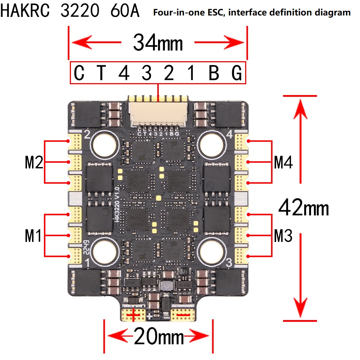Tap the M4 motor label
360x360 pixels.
coord(283,163)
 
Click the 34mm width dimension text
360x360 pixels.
coord(158,43)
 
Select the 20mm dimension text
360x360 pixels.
coord(158,337)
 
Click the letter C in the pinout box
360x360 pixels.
coord(79,73)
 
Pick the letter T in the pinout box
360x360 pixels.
coord(102,73)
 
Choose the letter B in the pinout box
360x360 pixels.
coord(214,73)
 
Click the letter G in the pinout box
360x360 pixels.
coord(237,73)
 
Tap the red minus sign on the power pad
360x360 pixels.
coord(183,315)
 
